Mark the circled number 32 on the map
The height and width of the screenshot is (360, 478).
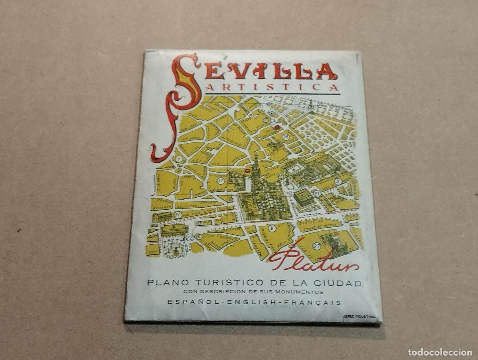[220, 181]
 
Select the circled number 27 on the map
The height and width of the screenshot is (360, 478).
[317, 246]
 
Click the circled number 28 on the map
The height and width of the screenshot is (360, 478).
[286, 137]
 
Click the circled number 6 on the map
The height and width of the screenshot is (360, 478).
[272, 228]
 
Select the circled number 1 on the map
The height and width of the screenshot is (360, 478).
[179, 159]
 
